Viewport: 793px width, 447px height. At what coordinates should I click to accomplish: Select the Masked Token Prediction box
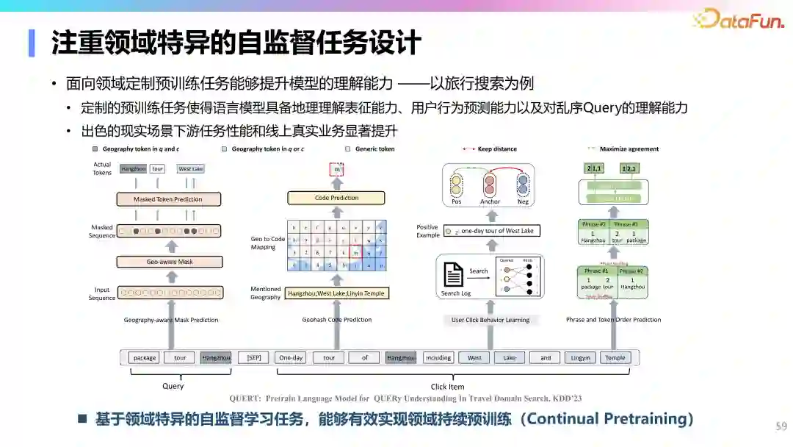coord(168,199)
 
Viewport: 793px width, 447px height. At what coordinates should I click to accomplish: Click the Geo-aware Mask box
coord(169,262)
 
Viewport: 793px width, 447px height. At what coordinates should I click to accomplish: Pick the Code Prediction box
coord(336,198)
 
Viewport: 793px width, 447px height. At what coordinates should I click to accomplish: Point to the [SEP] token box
coord(253,358)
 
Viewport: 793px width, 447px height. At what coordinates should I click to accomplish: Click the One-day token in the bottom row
coord(291,358)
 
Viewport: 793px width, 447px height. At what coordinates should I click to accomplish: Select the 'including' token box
coord(438,358)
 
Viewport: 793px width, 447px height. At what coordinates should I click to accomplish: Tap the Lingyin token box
coord(580,358)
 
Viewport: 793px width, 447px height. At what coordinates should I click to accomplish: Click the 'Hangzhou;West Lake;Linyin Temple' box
coord(336,293)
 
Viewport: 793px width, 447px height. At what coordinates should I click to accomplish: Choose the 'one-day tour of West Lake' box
coord(496,231)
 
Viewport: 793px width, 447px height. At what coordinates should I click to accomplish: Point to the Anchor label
coord(490,201)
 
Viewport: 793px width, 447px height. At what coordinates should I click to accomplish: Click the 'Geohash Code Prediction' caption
coord(337,320)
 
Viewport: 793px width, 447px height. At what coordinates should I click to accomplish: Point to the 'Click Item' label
coord(447,386)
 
